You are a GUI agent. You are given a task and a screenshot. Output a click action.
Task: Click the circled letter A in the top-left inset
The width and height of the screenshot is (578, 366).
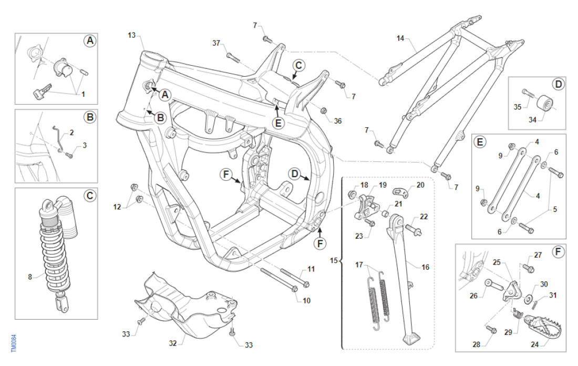(x=90, y=41)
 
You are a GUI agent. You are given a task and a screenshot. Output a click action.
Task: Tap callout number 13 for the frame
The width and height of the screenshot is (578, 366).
(x=131, y=35)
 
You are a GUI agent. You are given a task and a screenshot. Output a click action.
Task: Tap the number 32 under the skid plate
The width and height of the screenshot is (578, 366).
(x=173, y=343)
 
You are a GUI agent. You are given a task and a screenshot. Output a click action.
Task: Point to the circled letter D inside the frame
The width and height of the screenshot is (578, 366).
(x=294, y=174)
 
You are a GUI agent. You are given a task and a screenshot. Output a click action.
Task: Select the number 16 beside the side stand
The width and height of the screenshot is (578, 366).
(x=425, y=267)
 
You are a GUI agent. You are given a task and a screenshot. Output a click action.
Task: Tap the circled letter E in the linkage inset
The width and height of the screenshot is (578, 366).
(x=479, y=142)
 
